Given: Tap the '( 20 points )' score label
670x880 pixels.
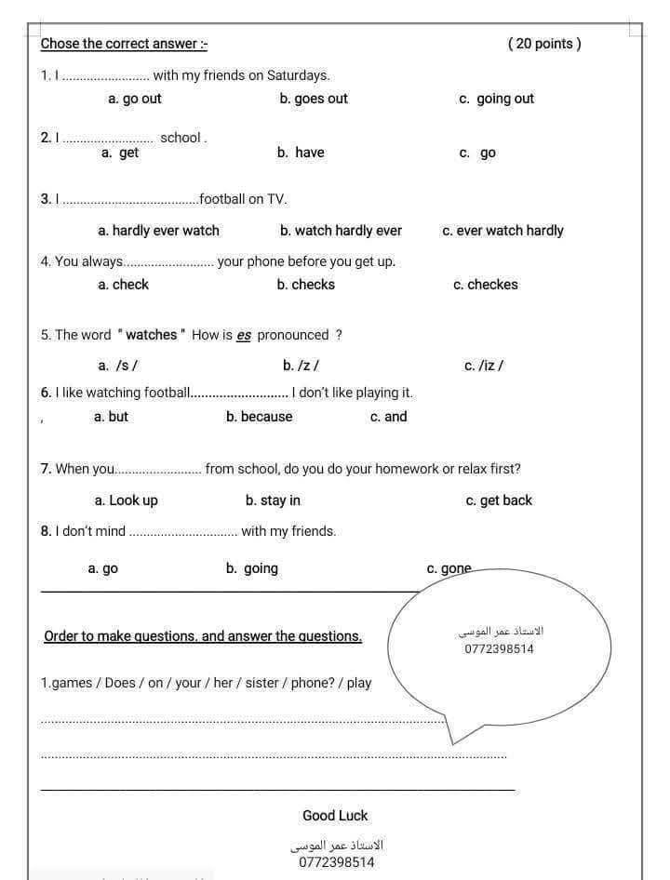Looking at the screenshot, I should [544, 44].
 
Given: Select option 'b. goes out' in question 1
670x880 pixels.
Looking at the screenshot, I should [314, 99].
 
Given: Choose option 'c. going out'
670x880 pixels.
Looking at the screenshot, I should [496, 99].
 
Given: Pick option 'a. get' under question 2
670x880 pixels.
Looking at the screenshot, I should [120, 153].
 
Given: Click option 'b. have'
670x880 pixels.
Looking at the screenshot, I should [301, 153].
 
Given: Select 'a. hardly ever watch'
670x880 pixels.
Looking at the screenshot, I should [158, 231].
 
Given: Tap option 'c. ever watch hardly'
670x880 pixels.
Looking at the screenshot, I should [502, 231].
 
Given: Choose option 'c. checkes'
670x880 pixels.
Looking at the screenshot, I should [485, 285].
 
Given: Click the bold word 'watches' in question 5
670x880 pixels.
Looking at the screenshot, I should [151, 335].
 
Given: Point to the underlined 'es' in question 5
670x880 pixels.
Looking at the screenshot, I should [244, 336].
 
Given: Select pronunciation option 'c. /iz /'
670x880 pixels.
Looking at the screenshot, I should [484, 366].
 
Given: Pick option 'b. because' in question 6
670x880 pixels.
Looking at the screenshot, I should [259, 417].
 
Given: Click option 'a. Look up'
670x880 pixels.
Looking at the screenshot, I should [127, 500].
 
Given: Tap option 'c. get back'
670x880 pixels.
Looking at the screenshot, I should [499, 500].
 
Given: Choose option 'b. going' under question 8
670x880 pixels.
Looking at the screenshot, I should [251, 568].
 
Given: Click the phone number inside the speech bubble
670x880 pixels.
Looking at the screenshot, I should [499, 649].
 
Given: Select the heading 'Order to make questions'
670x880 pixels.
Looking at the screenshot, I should [203, 636].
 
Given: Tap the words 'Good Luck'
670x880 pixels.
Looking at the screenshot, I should [335, 816].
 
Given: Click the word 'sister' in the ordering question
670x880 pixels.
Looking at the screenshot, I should [261, 683].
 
